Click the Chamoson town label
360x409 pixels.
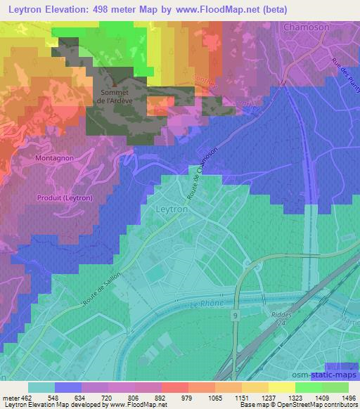[x=307, y=27]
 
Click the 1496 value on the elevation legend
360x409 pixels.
[x=348, y=397]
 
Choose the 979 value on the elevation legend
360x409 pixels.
[x=187, y=397]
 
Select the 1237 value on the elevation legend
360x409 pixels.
[x=268, y=397]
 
